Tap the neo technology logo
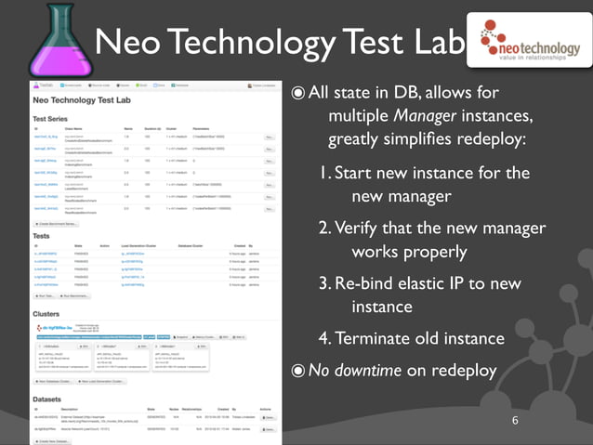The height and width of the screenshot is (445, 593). [525, 42]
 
